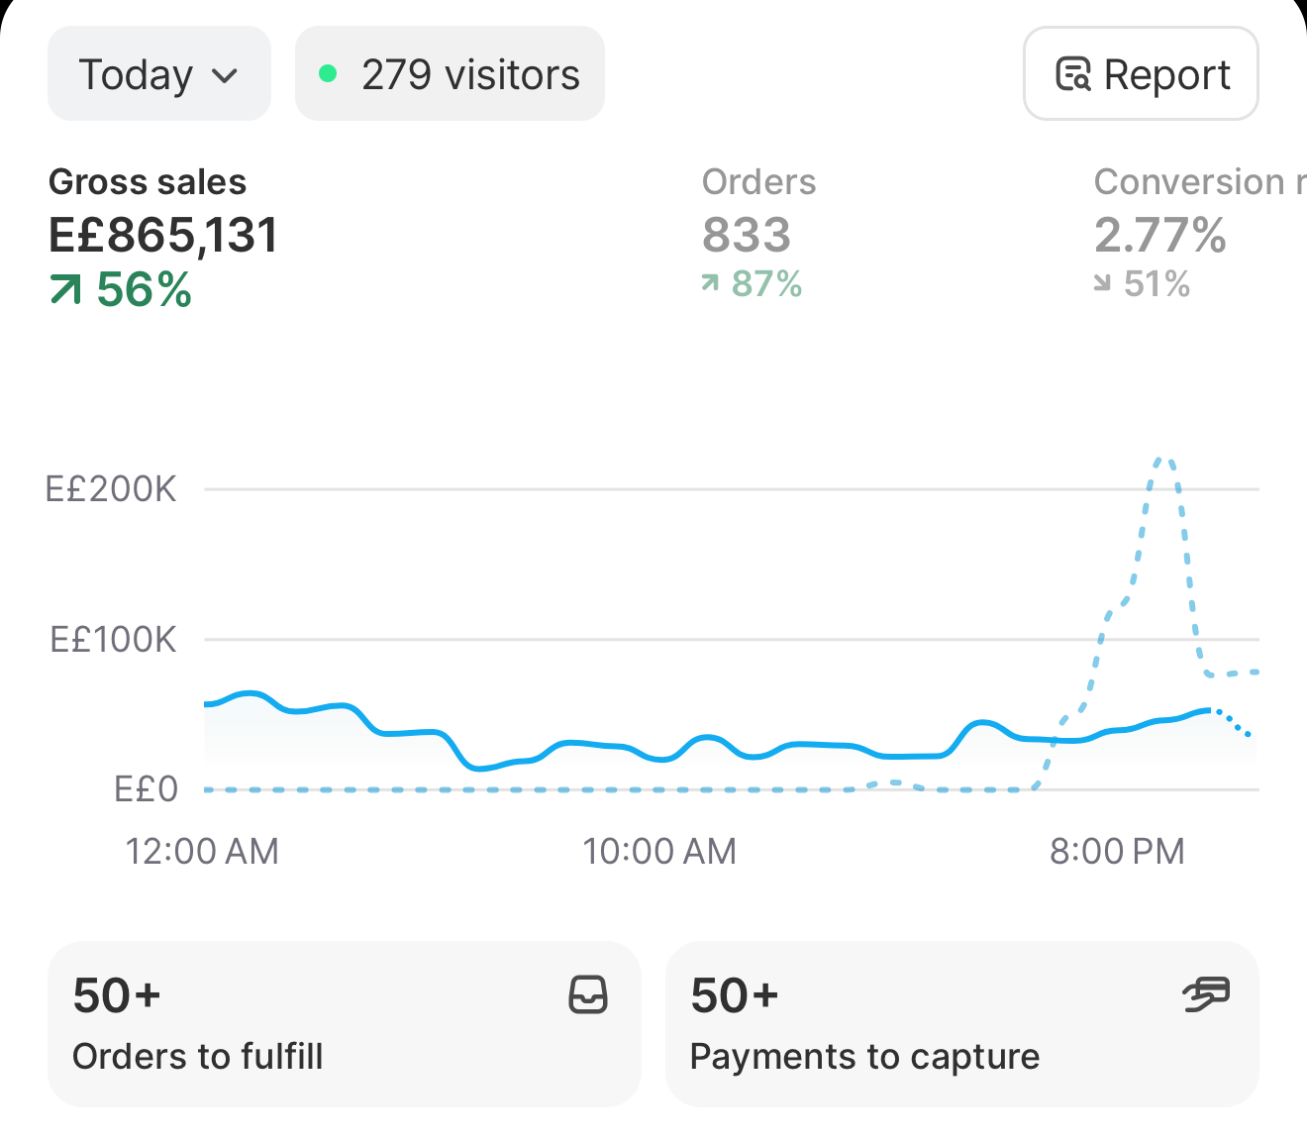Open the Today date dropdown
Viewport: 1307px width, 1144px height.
pos(159,73)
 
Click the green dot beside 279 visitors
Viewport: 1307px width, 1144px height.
pos(328,73)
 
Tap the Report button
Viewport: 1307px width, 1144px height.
pos(1141,73)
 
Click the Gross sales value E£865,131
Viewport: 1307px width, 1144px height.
pos(163,235)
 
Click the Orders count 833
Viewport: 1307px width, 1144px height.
pos(747,235)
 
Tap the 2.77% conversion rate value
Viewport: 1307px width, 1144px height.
pos(1160,235)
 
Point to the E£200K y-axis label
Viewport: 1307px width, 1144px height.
pos(111,489)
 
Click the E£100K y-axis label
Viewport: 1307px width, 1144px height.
pos(113,639)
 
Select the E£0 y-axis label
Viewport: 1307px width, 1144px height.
pos(146,789)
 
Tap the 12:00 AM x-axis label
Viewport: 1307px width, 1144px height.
pos(202,851)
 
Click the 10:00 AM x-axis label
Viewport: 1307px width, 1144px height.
pos(659,851)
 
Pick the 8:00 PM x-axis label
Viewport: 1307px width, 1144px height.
pos(1117,851)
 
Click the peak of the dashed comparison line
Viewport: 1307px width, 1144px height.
pos(1163,459)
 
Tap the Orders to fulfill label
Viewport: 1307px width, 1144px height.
pos(197,1057)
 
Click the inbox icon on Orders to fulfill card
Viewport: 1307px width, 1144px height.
pos(588,994)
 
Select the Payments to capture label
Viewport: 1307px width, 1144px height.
pos(865,1058)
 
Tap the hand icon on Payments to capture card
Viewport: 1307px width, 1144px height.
pos(1206,994)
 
